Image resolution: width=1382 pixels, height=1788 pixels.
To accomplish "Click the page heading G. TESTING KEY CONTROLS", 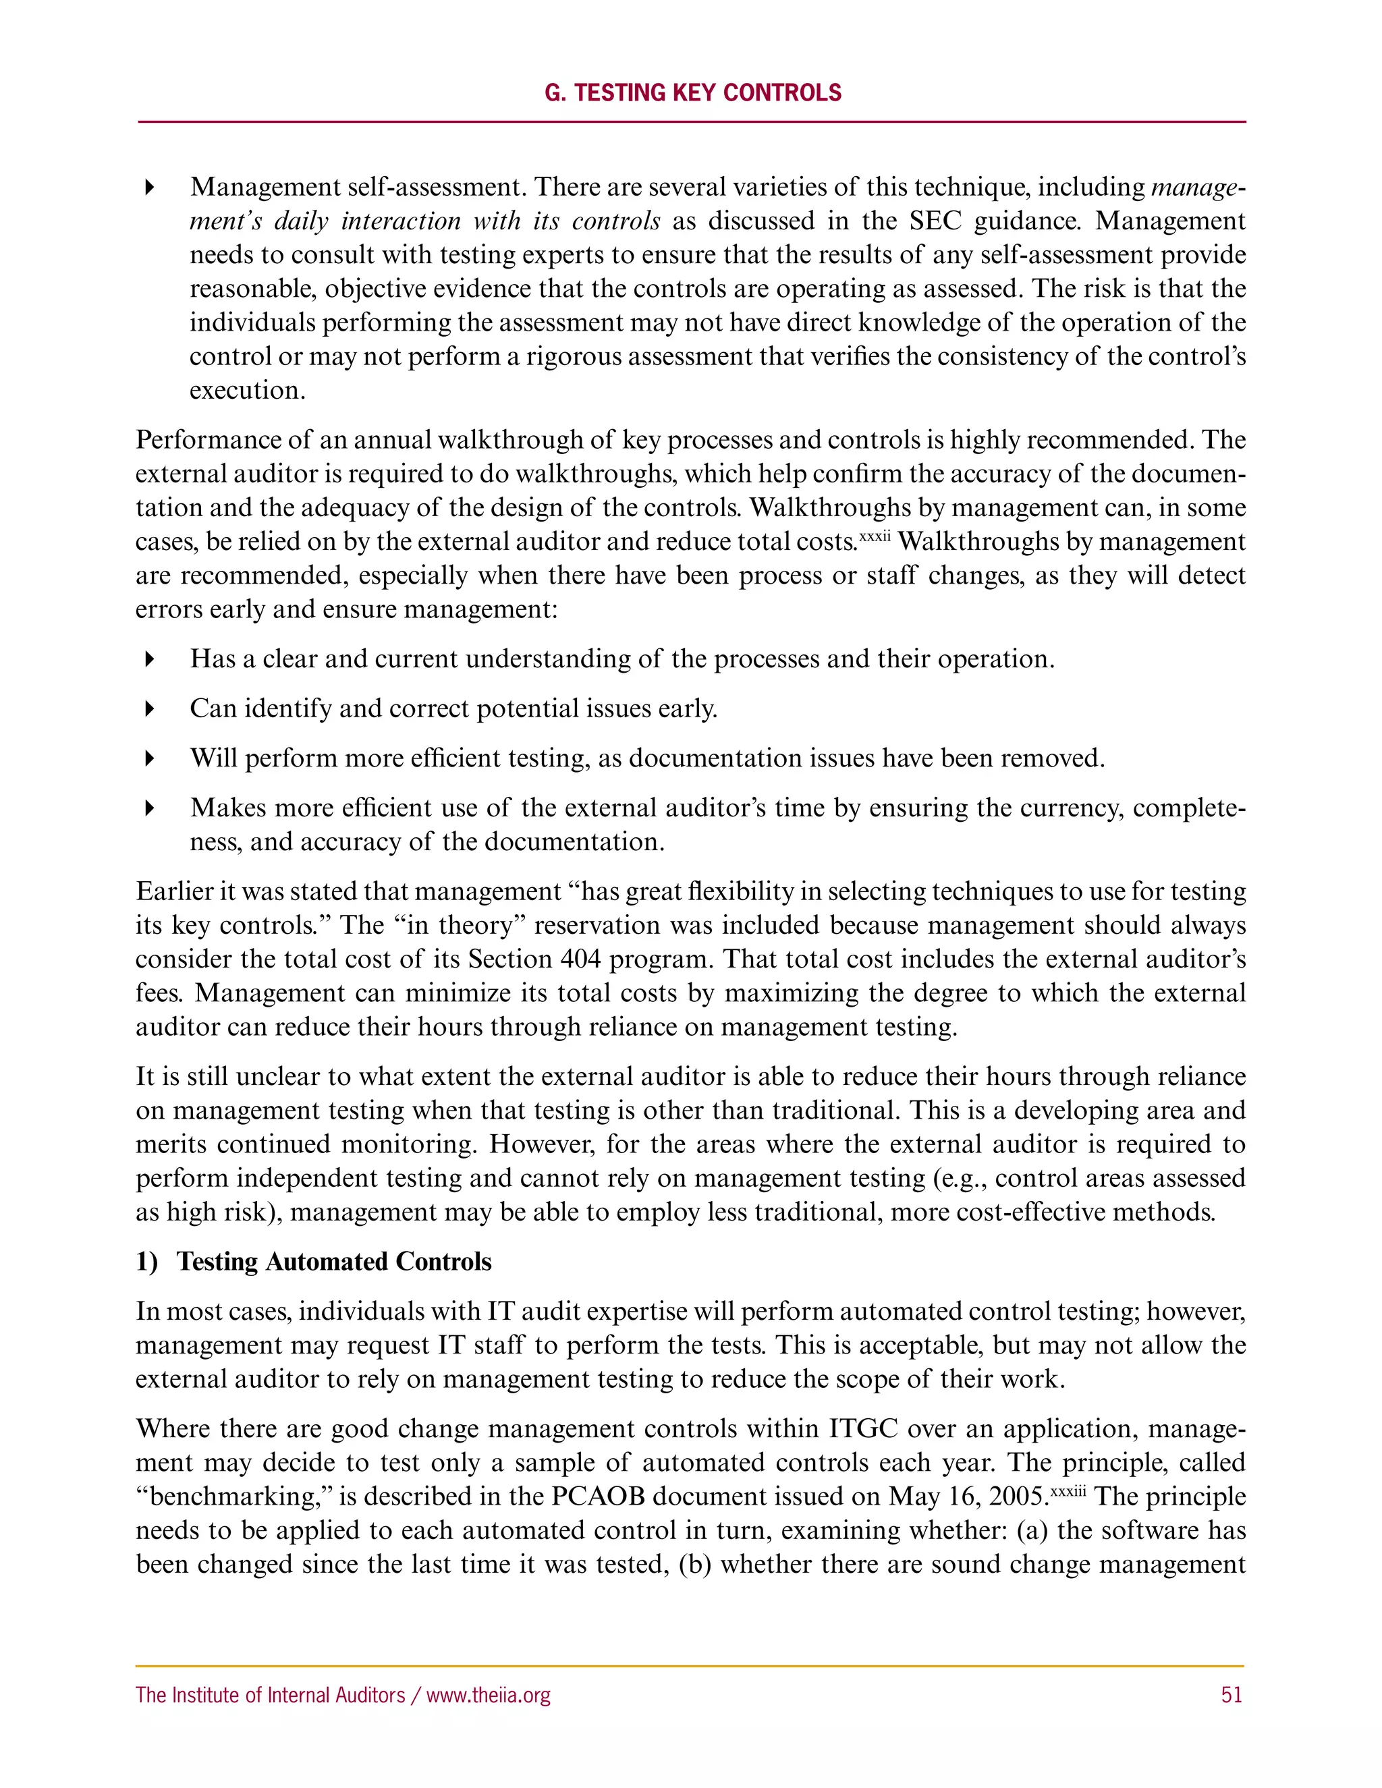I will click(x=692, y=92).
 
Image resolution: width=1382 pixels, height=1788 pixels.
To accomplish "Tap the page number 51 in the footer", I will click(x=1232, y=1695).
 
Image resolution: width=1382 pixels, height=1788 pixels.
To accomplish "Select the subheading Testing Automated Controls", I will click(x=334, y=1262).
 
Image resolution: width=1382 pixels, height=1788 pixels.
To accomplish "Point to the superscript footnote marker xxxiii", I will click(x=1068, y=1489).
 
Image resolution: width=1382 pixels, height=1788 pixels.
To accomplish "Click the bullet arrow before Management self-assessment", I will click(x=149, y=188).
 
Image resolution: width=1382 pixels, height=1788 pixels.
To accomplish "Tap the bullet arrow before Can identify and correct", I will click(x=149, y=708).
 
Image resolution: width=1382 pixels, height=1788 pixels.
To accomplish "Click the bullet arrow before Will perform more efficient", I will click(x=149, y=758).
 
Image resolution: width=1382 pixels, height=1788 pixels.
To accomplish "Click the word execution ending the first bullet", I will click(x=247, y=391).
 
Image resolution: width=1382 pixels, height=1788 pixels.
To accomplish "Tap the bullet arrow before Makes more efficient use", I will click(x=149, y=808).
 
